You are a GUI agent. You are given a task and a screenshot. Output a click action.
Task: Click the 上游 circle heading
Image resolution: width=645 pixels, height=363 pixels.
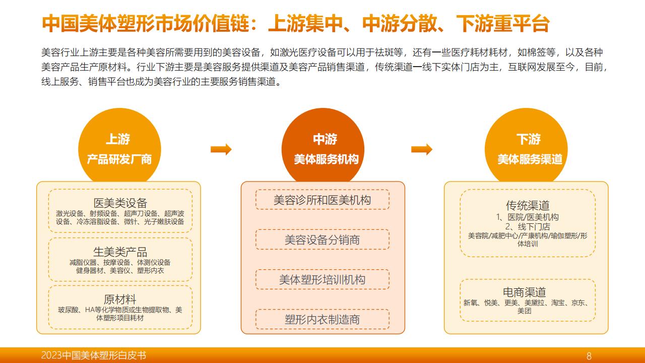tap(118, 139)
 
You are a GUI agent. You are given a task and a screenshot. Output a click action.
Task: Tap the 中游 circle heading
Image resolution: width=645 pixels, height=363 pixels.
tap(325, 139)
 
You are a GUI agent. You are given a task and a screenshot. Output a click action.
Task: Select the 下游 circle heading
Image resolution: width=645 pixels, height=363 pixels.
tap(529, 139)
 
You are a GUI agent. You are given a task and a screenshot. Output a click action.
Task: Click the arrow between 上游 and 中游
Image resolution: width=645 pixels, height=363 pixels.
tap(221, 149)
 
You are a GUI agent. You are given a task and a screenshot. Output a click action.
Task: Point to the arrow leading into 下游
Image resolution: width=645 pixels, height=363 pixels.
tap(422, 149)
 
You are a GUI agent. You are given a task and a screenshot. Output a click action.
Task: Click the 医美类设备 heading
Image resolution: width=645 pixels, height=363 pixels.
tap(120, 203)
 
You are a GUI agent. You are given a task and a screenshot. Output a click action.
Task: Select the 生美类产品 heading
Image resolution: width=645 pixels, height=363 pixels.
tap(120, 252)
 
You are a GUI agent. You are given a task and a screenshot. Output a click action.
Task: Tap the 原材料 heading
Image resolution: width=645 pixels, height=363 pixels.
tap(120, 299)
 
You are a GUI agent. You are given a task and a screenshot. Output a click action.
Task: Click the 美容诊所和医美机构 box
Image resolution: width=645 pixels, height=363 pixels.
tap(322, 200)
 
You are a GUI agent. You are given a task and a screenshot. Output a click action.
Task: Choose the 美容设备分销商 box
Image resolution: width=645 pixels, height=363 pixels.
tap(322, 239)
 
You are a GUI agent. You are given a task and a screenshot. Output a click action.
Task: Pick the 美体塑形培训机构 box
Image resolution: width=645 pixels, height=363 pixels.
tap(322, 279)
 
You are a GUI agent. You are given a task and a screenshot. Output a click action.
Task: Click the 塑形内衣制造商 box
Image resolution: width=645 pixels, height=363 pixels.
tap(322, 319)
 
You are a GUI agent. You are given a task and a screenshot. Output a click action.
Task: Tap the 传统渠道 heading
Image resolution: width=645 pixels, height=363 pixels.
tap(528, 206)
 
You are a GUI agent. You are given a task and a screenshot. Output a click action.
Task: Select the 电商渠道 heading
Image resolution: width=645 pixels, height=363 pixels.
tap(525, 292)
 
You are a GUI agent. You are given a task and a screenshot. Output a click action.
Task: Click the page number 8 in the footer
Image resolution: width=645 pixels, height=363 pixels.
tap(589, 356)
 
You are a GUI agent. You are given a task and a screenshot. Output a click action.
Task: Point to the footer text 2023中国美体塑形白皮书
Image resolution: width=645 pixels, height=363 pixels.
tap(94, 355)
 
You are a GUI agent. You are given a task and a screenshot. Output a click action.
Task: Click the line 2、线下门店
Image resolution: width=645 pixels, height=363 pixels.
tap(528, 226)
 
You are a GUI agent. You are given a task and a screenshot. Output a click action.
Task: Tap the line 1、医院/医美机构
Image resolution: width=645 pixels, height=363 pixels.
tap(527, 217)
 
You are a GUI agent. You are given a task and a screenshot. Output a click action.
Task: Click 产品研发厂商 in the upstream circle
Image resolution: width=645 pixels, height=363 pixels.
tap(119, 159)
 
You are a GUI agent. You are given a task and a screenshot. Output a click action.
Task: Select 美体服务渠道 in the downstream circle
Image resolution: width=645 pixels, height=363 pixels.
tap(530, 159)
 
